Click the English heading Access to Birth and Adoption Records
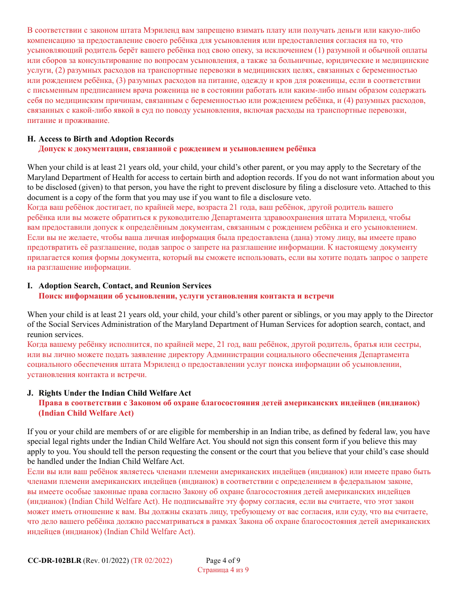(x=106, y=139)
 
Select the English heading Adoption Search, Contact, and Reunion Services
(x=125, y=286)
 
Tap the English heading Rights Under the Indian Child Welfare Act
(x=115, y=393)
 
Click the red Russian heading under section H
(x=177, y=149)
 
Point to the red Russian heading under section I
(x=186, y=296)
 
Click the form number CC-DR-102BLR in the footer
(x=54, y=560)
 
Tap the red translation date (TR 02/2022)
(x=152, y=560)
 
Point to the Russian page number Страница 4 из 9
(x=223, y=570)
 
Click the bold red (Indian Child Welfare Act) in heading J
(x=86, y=413)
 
